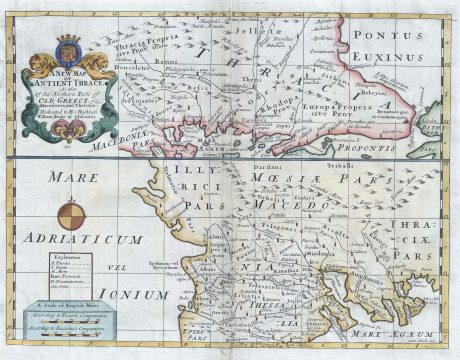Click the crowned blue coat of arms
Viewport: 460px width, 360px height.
pos(68,50)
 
